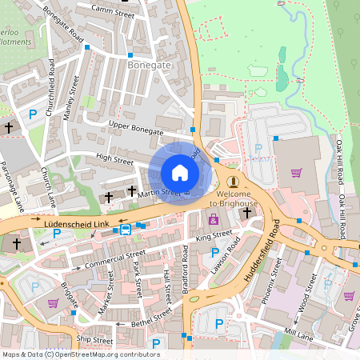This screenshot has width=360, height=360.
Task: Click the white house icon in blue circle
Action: (x=180, y=172)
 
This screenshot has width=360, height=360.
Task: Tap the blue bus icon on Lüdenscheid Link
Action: (x=126, y=230)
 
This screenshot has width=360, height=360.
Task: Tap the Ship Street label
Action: (x=94, y=340)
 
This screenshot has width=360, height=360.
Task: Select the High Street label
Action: (x=114, y=160)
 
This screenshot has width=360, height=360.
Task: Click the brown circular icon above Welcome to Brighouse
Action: (x=232, y=182)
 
